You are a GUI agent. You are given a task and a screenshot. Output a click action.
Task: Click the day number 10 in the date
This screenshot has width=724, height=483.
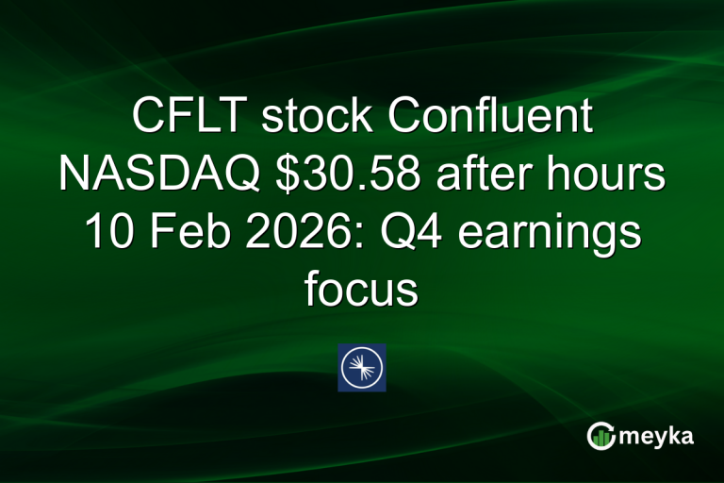click(x=107, y=233)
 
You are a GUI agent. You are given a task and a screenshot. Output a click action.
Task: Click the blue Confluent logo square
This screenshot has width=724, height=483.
click(x=362, y=368)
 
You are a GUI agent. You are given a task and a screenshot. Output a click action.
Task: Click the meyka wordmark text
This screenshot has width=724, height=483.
click(x=659, y=436)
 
